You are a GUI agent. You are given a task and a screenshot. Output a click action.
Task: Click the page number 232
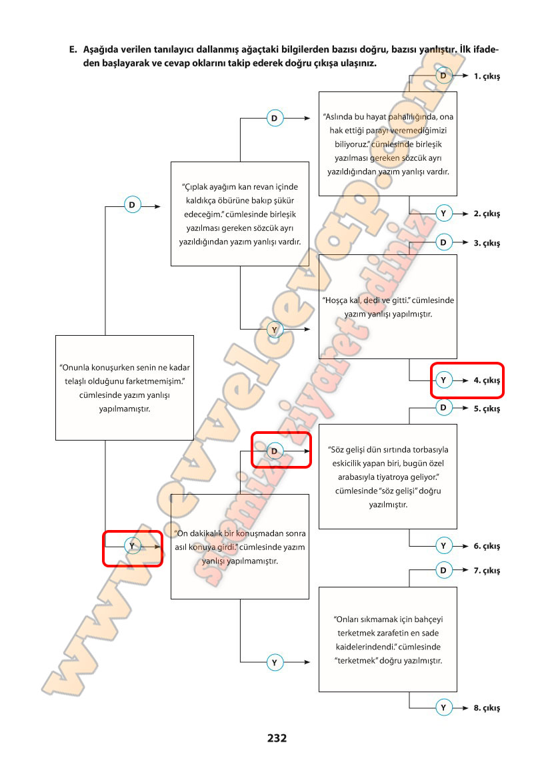(x=277, y=738)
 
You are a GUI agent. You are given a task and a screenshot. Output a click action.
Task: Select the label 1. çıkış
(x=487, y=76)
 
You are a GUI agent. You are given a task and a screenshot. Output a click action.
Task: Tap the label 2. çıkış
(x=487, y=214)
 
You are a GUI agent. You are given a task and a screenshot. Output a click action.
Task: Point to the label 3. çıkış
(x=487, y=243)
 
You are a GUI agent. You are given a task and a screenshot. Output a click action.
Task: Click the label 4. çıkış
(x=487, y=380)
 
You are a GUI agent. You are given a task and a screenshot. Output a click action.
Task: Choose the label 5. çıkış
(x=487, y=409)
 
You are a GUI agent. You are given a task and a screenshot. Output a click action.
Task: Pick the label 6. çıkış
(x=487, y=546)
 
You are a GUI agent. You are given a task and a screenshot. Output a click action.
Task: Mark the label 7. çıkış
(x=487, y=571)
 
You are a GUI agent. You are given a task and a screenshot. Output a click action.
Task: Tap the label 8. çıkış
(x=487, y=708)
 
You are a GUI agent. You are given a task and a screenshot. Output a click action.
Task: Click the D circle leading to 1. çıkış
(x=443, y=76)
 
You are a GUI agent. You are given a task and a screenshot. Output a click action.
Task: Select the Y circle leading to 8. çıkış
(x=443, y=708)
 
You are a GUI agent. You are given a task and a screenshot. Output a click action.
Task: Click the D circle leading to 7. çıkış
(x=443, y=571)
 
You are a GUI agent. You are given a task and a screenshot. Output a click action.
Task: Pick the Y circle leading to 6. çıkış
(x=443, y=546)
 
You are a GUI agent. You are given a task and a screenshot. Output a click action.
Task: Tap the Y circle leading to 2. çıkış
(x=443, y=214)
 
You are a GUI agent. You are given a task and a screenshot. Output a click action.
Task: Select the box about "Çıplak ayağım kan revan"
(x=240, y=214)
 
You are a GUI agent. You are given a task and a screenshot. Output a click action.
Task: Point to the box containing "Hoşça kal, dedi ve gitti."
(x=388, y=306)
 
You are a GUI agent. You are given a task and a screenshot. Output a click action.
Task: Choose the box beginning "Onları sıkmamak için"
(x=388, y=639)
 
